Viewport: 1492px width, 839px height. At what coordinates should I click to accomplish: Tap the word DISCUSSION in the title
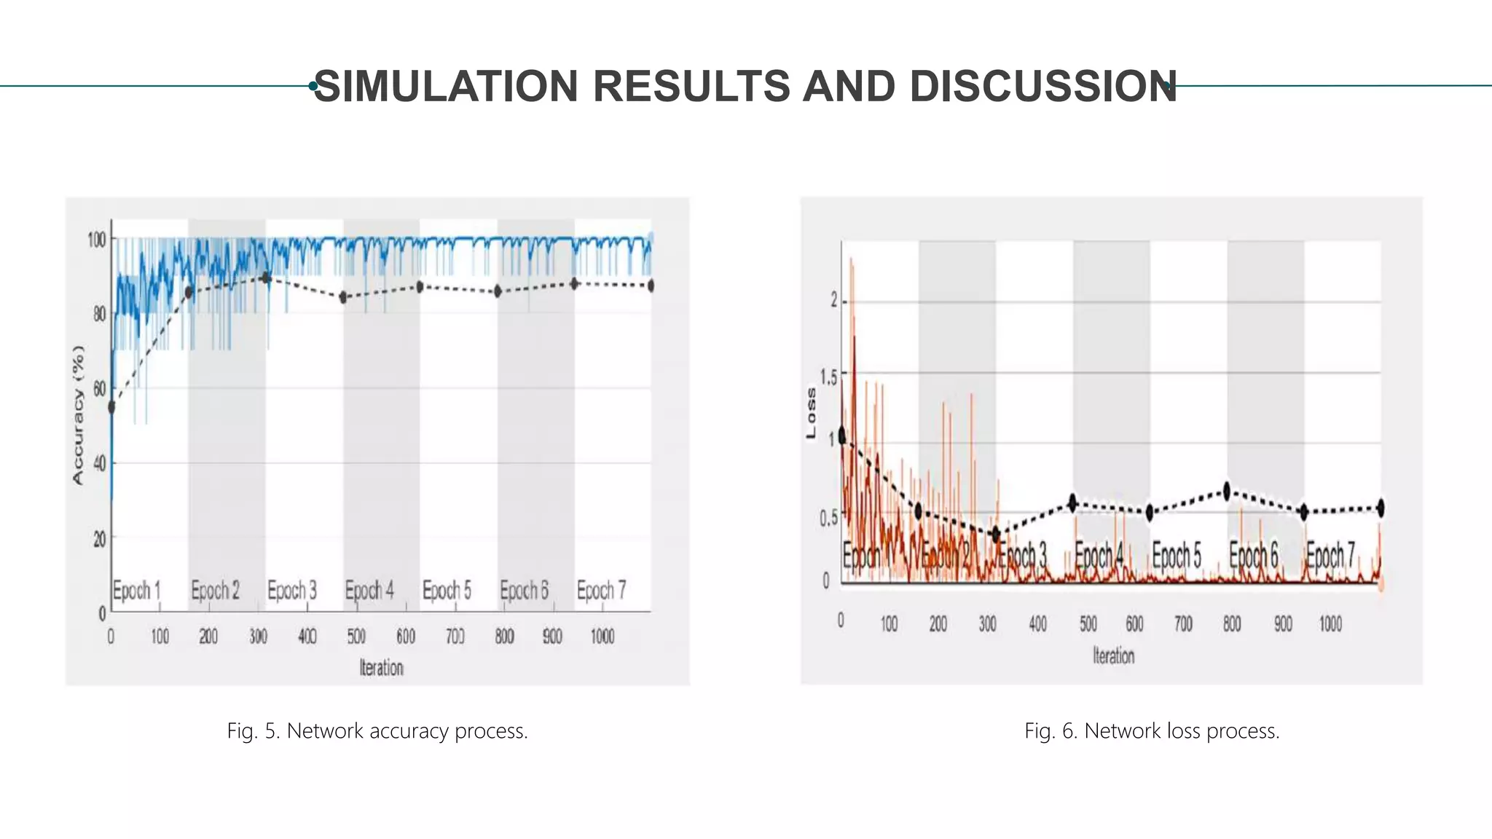[x=1043, y=86]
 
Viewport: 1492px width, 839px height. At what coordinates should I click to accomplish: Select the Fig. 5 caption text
[x=377, y=730]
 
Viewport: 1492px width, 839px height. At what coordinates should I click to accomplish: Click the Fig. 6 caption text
[x=1152, y=730]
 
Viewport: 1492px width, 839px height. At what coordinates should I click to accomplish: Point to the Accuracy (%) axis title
[x=79, y=414]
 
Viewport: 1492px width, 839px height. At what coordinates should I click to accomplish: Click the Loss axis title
[x=811, y=413]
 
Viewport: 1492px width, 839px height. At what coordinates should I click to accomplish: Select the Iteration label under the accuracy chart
[x=381, y=667]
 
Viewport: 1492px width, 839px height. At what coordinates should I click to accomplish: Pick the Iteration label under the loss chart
[x=1113, y=655]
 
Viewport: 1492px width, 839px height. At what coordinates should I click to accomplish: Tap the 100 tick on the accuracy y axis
[x=96, y=240]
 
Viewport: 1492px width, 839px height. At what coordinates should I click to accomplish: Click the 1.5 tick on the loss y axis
[x=828, y=377]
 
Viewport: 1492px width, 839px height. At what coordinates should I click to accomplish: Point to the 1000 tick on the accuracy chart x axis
[x=602, y=637]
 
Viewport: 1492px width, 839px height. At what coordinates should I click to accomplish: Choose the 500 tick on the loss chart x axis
[x=1088, y=624]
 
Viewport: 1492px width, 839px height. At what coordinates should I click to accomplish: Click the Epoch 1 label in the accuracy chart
[x=136, y=590]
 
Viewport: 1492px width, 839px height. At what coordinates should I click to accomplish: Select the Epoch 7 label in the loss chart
[x=1330, y=556]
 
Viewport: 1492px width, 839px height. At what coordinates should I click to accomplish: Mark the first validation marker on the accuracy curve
[x=111, y=407]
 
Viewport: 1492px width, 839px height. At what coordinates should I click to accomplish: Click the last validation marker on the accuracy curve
[x=651, y=285]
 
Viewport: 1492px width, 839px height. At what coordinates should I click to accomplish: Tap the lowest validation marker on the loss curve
[x=996, y=535]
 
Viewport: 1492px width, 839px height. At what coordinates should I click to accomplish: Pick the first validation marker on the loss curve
[x=842, y=436]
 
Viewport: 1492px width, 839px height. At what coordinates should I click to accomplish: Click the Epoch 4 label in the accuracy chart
[x=369, y=590]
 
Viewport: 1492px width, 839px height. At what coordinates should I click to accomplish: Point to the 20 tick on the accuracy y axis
[x=99, y=538]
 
